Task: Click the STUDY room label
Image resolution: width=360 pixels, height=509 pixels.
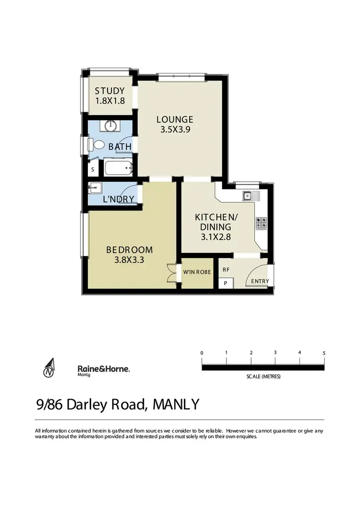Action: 109,91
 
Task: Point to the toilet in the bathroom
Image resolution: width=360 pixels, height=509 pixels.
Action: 99,144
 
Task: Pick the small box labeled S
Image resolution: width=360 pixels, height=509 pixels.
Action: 93,169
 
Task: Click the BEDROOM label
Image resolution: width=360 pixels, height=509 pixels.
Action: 129,249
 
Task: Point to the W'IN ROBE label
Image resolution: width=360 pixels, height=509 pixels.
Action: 197,272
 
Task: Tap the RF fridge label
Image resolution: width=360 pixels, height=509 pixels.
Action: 226,270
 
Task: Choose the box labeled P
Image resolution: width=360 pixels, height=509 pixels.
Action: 226,283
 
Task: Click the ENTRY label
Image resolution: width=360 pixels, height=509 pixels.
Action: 260,281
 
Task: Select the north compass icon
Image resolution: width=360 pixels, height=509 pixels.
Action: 49,368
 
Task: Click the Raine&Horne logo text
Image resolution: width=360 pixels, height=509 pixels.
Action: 104,368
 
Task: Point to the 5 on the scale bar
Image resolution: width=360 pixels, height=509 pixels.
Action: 324,353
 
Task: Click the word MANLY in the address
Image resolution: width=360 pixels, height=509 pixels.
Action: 175,404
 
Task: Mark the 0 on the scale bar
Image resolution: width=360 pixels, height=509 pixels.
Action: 202,354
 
